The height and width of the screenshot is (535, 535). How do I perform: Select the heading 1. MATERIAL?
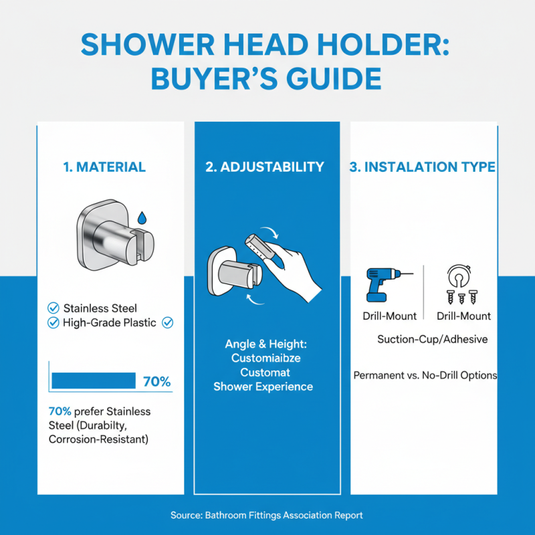104,167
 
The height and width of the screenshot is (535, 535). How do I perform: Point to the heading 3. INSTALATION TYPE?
423,167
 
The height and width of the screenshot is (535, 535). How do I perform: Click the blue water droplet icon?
142,218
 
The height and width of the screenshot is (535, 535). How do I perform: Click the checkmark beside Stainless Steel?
53,308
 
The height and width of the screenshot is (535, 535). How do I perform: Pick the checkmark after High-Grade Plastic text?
168,323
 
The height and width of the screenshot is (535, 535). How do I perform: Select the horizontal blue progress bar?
94,381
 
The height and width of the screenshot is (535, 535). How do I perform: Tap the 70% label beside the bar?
157,382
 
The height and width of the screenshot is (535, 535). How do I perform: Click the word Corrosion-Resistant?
98,439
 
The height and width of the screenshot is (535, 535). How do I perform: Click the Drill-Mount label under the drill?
389,316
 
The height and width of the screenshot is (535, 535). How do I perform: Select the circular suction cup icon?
459,274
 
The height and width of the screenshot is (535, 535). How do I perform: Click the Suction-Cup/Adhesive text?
432,339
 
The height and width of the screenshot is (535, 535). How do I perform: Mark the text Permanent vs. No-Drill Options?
425,375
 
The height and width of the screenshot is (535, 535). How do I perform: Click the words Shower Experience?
263,387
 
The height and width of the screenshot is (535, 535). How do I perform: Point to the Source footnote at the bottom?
267,515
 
